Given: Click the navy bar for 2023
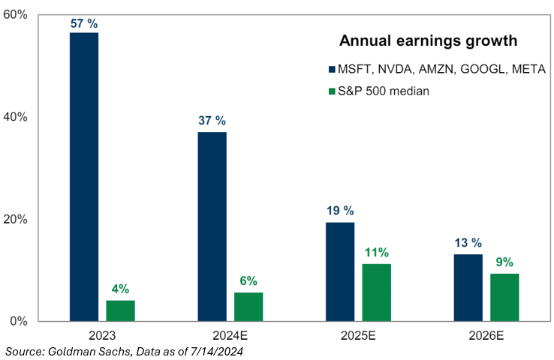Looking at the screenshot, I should pos(84,177).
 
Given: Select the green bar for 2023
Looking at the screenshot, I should pos(120,310).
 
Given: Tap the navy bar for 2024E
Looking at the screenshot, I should pos(212,226).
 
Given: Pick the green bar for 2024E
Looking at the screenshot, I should pos(248,307).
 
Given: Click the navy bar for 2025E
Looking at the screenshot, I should pos(340,271).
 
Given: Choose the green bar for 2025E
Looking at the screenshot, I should pos(377,292).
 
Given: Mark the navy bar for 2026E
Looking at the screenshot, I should pos(468,287).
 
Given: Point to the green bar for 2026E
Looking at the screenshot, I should pos(504,297).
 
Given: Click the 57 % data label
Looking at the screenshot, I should pos(84,23).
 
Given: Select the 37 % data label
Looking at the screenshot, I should pos(212,121).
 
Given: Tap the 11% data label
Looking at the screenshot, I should pos(377,253).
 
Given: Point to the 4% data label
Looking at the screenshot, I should pos(120,289).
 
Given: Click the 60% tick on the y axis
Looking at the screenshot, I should pos(17,15).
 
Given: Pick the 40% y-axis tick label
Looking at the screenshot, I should pos(17,117).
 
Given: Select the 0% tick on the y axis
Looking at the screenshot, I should pos(20,321).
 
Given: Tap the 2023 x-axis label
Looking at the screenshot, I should pos(102,335).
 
